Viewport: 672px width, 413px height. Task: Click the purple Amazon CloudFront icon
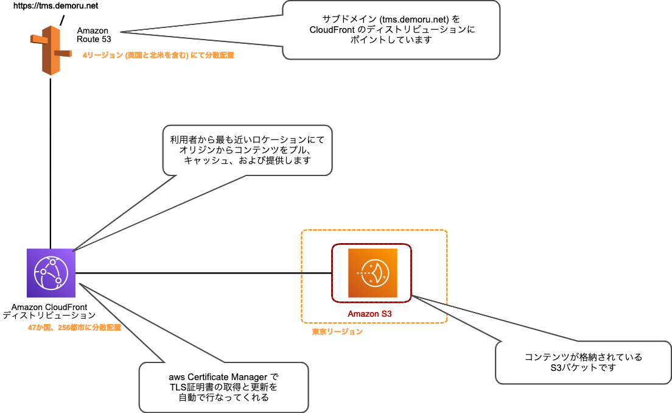click(x=51, y=273)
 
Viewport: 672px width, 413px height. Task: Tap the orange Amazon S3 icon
click(x=373, y=273)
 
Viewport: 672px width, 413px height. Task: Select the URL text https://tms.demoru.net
click(x=47, y=6)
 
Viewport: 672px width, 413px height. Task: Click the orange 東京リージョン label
click(x=337, y=332)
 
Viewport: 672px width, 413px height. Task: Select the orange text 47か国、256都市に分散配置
click(x=74, y=328)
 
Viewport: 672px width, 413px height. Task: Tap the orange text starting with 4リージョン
click(x=158, y=55)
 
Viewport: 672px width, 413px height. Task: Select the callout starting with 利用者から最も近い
click(x=247, y=150)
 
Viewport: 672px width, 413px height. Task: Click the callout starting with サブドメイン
click(x=391, y=30)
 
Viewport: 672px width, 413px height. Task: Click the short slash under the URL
click(x=61, y=22)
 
